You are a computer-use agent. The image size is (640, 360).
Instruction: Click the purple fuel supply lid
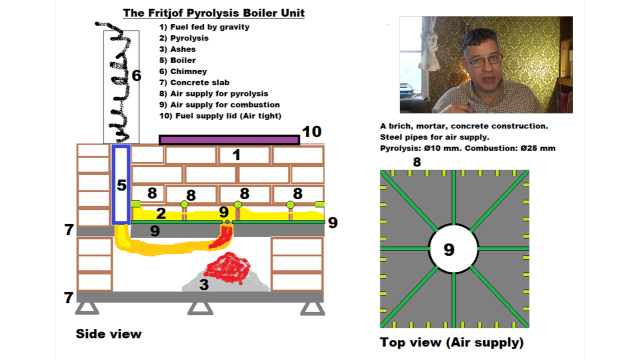click(x=229, y=139)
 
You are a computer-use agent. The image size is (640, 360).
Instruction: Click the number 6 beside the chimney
click(x=136, y=76)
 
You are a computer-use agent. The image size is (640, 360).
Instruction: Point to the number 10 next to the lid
click(x=312, y=131)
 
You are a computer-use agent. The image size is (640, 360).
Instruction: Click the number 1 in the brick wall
click(x=236, y=155)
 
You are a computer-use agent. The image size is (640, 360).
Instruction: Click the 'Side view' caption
click(x=108, y=334)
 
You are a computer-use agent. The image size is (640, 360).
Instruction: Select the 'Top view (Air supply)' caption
click(x=451, y=342)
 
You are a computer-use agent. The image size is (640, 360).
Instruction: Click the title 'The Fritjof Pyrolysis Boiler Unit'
click(x=214, y=13)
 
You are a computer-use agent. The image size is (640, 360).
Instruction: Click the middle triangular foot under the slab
click(x=200, y=308)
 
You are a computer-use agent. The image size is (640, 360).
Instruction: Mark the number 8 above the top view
click(x=416, y=162)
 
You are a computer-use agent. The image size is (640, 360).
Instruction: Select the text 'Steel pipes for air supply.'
click(x=434, y=137)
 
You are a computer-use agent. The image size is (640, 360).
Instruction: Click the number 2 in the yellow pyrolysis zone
click(x=160, y=214)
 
